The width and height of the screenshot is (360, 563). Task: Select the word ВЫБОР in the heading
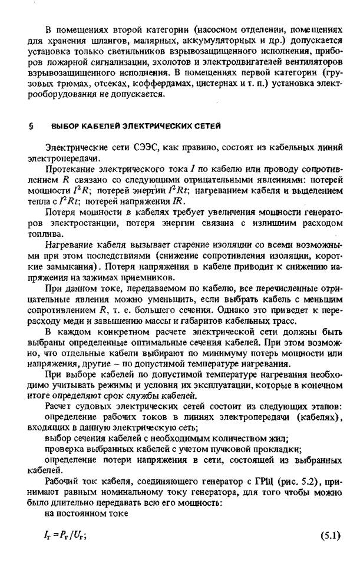tap(65, 126)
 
